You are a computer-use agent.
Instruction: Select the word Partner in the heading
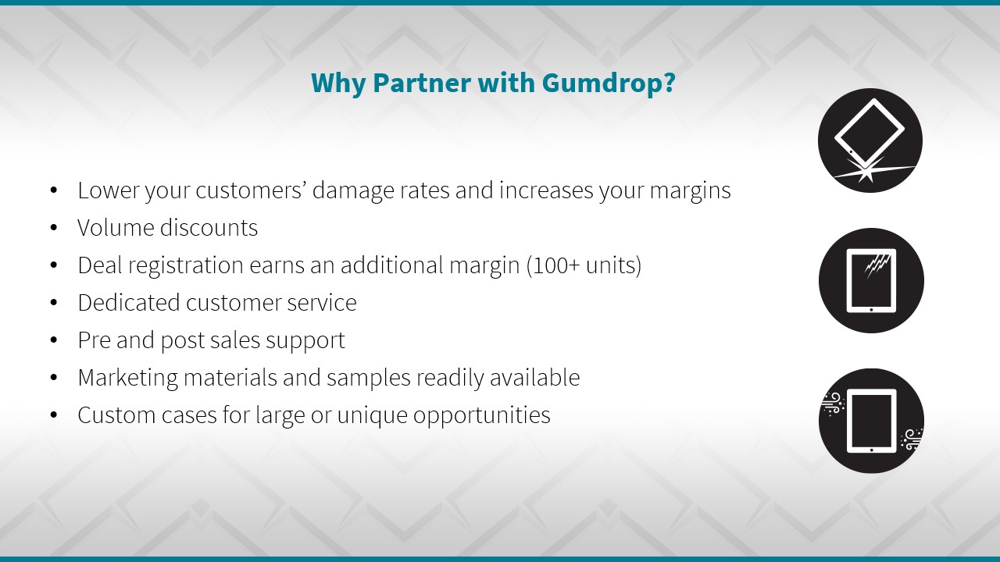coord(421,83)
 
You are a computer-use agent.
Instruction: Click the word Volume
coord(115,227)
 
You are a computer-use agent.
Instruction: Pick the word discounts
coord(209,227)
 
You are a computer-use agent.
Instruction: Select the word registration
coord(186,266)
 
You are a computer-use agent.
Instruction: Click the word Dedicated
coord(129,302)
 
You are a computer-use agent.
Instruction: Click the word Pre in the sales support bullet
coord(95,340)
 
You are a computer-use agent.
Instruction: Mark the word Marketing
coord(127,379)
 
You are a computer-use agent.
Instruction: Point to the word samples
coord(369,379)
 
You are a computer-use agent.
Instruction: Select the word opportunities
coord(482,416)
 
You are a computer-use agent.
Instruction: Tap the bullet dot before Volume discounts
coord(54,228)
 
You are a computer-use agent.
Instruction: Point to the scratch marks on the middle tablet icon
coord(877,265)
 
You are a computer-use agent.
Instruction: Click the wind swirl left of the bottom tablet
coord(834,404)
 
